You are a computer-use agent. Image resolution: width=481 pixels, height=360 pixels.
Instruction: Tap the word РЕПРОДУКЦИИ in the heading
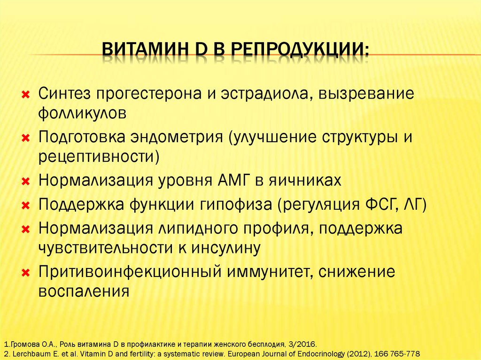tap(301, 50)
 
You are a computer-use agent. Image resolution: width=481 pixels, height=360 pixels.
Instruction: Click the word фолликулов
tap(83, 113)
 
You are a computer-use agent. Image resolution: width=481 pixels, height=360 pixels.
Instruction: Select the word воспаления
tap(84, 291)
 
